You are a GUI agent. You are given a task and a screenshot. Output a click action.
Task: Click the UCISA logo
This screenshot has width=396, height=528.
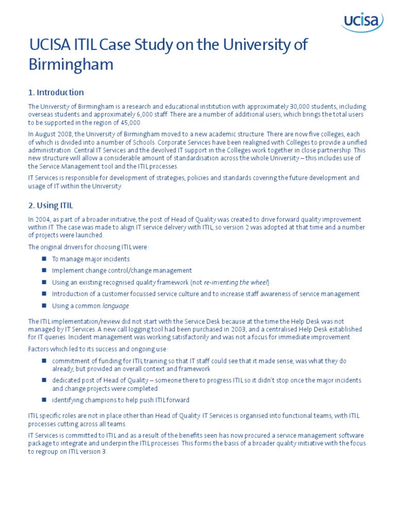point(362,22)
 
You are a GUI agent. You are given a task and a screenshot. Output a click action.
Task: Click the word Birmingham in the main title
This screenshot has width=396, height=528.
point(71,65)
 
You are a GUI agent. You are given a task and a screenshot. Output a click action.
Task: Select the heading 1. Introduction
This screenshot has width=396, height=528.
point(56,93)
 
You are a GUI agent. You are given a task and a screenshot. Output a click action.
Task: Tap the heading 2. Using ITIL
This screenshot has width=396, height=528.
point(51,205)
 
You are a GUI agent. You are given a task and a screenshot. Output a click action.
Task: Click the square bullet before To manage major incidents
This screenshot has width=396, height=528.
point(44,259)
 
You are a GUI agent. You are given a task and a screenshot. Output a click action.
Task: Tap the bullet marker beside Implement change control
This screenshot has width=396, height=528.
point(44,270)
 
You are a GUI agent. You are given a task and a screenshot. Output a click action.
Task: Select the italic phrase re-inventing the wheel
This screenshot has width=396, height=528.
point(236,282)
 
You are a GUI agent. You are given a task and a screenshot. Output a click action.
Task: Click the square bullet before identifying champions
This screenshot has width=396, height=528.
point(44,400)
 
